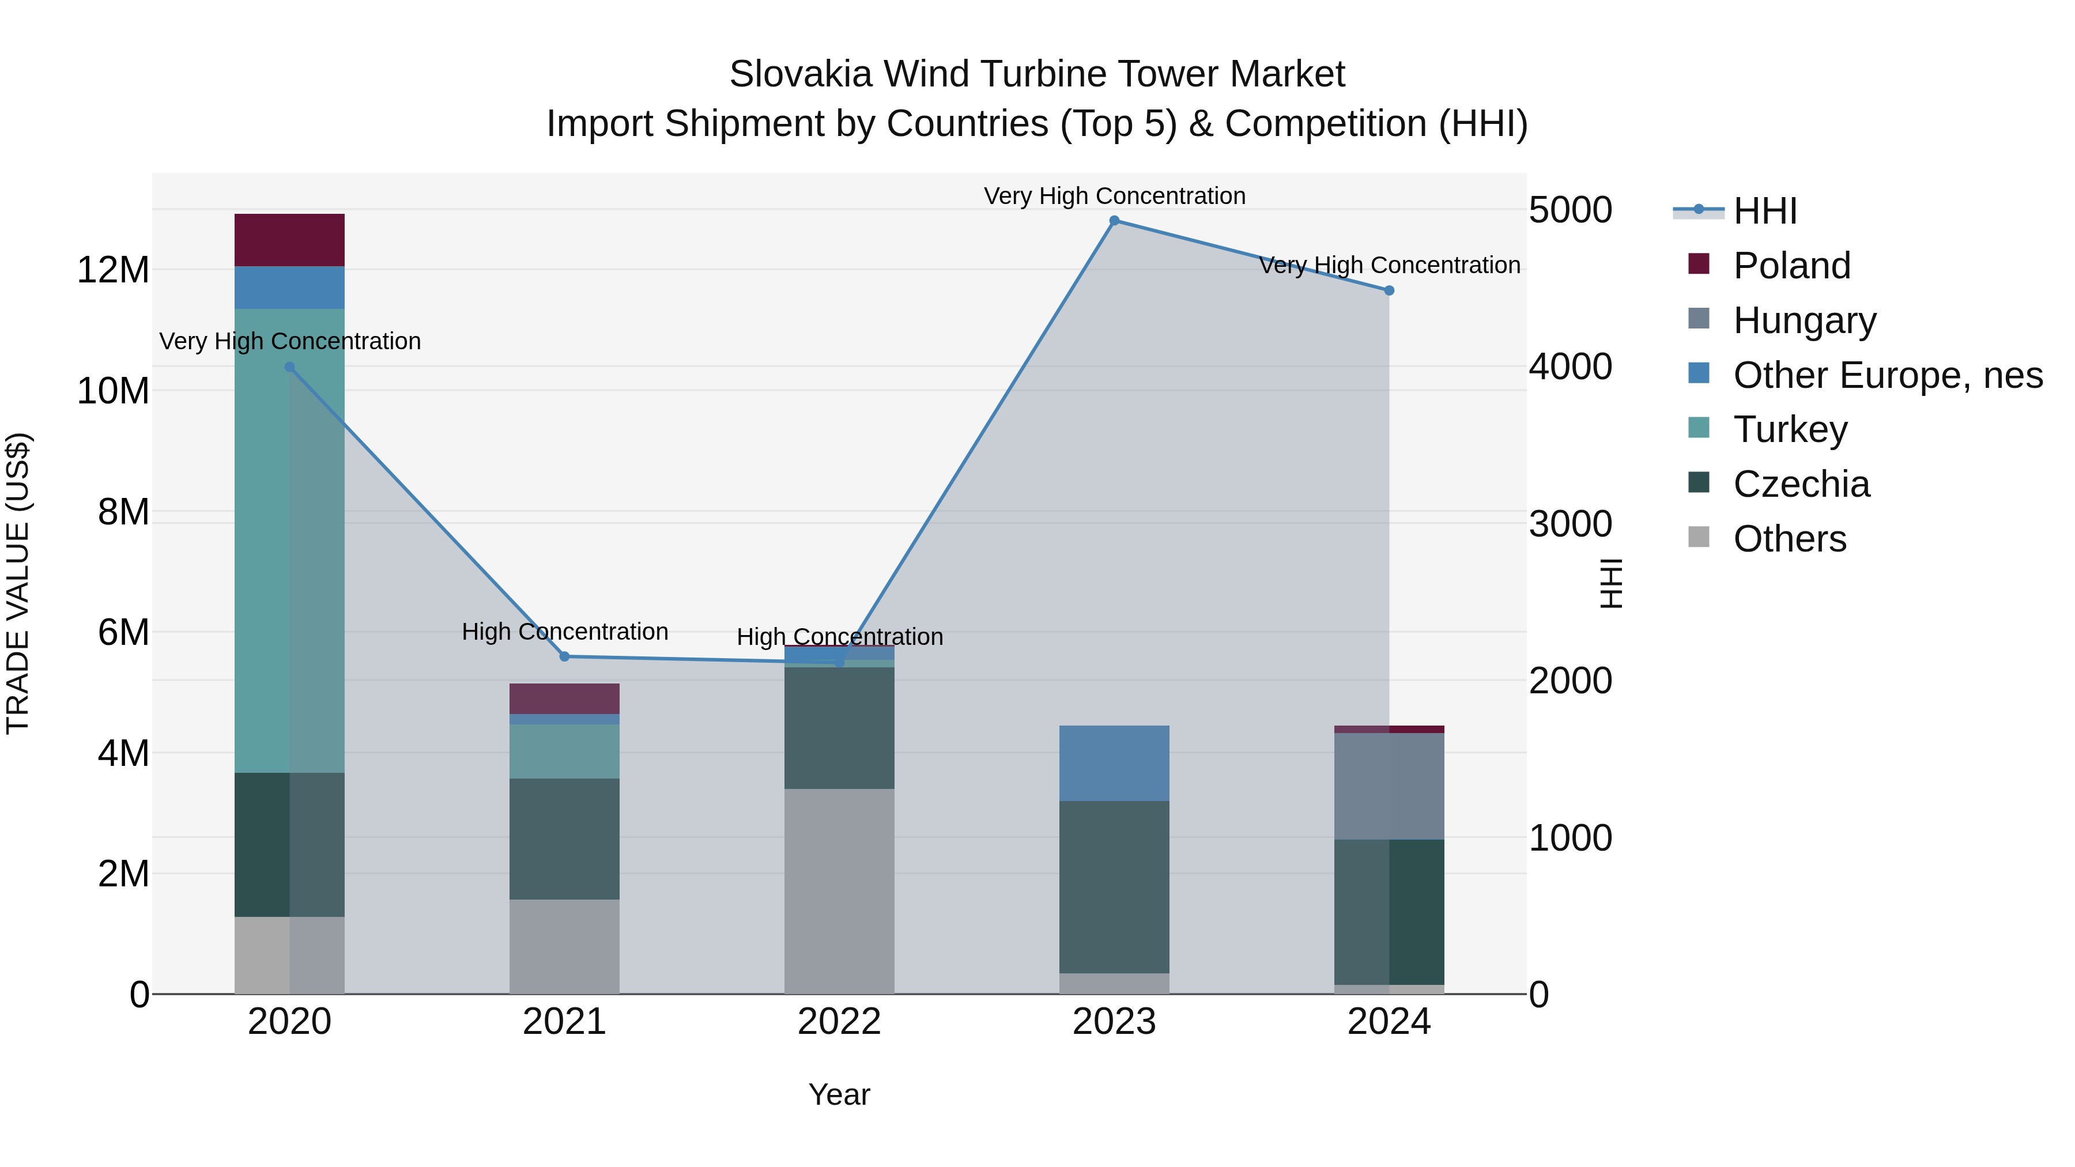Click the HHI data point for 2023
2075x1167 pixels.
(x=1114, y=221)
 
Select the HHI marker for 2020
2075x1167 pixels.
(x=290, y=367)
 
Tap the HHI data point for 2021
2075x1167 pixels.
(x=565, y=656)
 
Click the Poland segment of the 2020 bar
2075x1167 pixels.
(x=290, y=240)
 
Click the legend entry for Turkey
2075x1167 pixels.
(x=1790, y=429)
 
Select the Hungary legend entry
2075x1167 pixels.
(x=1804, y=320)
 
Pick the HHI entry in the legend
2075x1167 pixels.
(x=1764, y=211)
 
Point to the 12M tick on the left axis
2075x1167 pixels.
(x=113, y=270)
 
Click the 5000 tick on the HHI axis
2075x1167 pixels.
(x=1570, y=210)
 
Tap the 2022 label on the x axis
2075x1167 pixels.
(x=839, y=1022)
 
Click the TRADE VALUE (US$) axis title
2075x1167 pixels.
(x=18, y=583)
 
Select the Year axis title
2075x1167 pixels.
(x=839, y=1094)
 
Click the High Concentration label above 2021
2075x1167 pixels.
(x=565, y=632)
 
